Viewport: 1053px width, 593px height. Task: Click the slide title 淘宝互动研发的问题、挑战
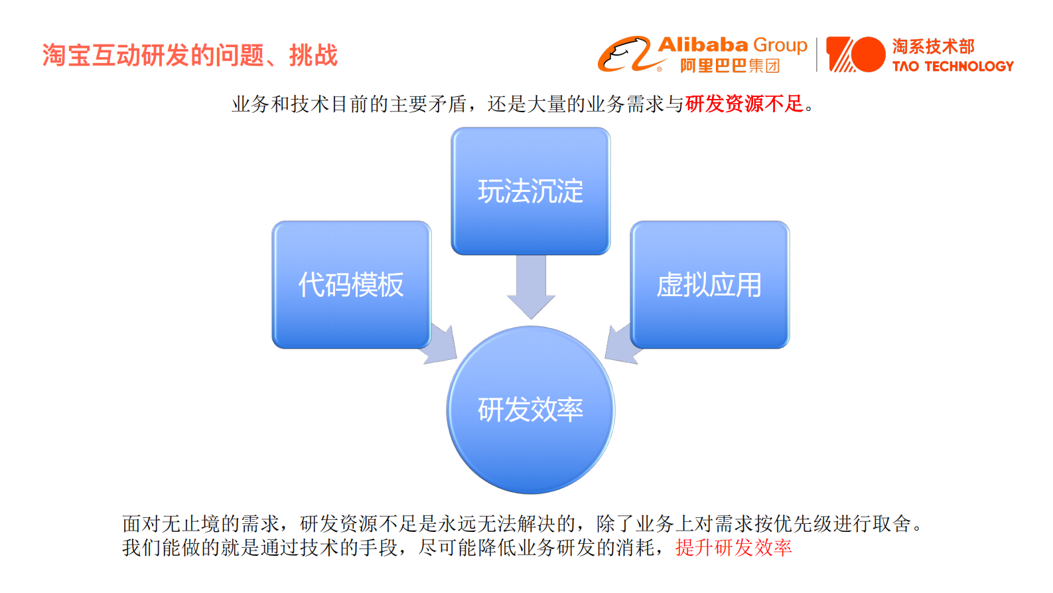click(190, 55)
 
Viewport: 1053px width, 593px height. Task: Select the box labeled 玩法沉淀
click(530, 191)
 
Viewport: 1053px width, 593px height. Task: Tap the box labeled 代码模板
click(351, 285)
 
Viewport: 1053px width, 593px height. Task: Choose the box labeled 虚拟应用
click(709, 285)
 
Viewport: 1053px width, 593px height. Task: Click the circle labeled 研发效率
click(530, 410)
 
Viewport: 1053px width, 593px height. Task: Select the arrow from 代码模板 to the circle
click(441, 344)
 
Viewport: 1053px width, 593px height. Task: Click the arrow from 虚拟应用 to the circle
click(621, 344)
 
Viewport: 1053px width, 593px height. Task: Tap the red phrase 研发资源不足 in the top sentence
click(744, 104)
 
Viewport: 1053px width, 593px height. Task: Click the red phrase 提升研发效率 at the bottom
click(733, 548)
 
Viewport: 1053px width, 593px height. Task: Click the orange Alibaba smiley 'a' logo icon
click(624, 54)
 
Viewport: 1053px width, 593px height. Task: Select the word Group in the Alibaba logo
click(780, 45)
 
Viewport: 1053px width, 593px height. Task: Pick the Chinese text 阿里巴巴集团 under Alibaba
click(729, 66)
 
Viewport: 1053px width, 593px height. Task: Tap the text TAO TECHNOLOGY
click(953, 66)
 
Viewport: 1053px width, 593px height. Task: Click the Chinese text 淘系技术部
click(933, 46)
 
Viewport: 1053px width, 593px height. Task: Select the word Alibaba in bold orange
click(703, 45)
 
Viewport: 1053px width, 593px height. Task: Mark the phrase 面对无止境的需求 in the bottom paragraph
click(200, 524)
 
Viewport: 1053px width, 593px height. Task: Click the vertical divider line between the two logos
click(817, 54)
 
